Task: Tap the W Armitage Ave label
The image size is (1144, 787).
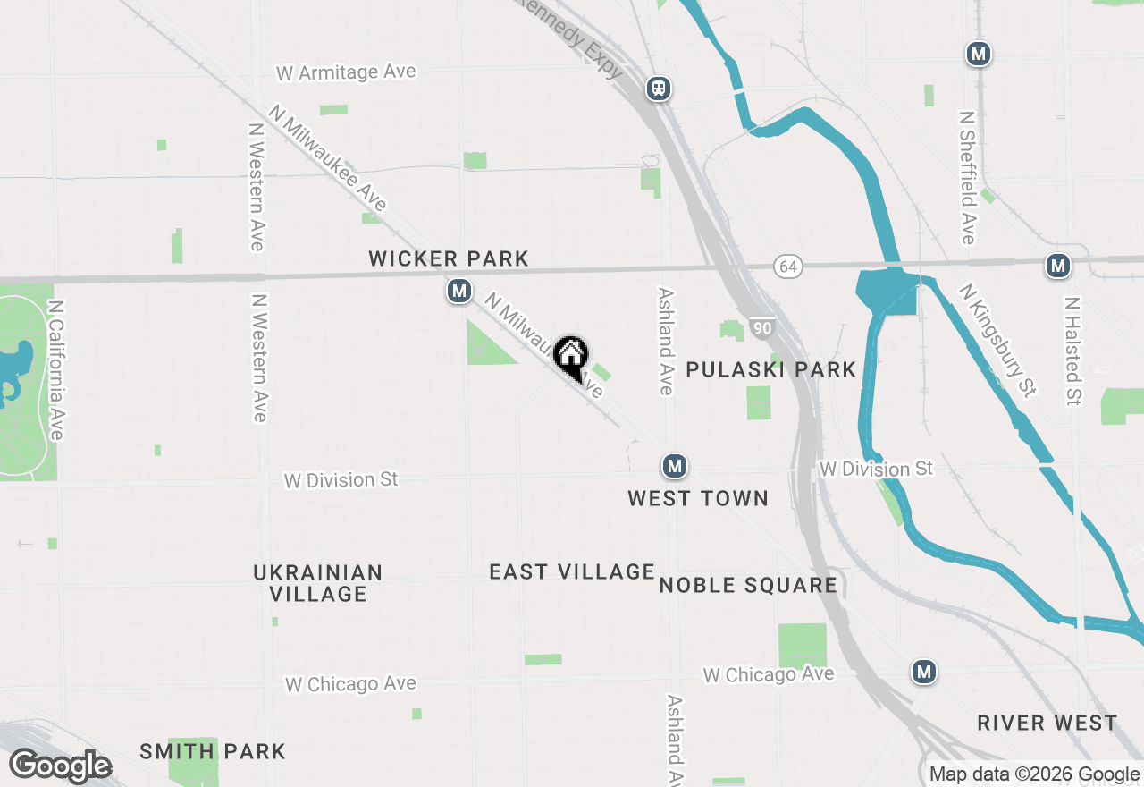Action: [347, 72]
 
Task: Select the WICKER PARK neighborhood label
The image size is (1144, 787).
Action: [449, 259]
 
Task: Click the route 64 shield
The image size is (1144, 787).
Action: [787, 267]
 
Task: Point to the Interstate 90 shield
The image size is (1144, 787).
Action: [761, 328]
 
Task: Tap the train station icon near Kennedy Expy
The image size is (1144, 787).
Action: [659, 89]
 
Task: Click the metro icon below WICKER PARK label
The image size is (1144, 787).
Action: [459, 291]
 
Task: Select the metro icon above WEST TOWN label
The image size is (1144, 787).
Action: [675, 466]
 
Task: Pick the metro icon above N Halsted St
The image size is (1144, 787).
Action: [1058, 266]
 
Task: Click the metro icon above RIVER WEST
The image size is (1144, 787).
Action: [924, 671]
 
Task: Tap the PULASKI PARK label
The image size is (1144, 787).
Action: [770, 369]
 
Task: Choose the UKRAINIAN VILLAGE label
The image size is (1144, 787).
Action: [318, 583]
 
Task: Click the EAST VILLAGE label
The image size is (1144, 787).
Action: [572, 571]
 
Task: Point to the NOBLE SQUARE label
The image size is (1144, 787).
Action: [748, 586]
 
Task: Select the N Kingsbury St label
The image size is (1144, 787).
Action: [997, 340]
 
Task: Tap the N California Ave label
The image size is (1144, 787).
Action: [56, 369]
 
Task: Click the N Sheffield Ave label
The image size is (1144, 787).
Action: [967, 177]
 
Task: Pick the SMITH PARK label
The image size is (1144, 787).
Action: [213, 751]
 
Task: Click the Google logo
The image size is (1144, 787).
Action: [61, 766]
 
